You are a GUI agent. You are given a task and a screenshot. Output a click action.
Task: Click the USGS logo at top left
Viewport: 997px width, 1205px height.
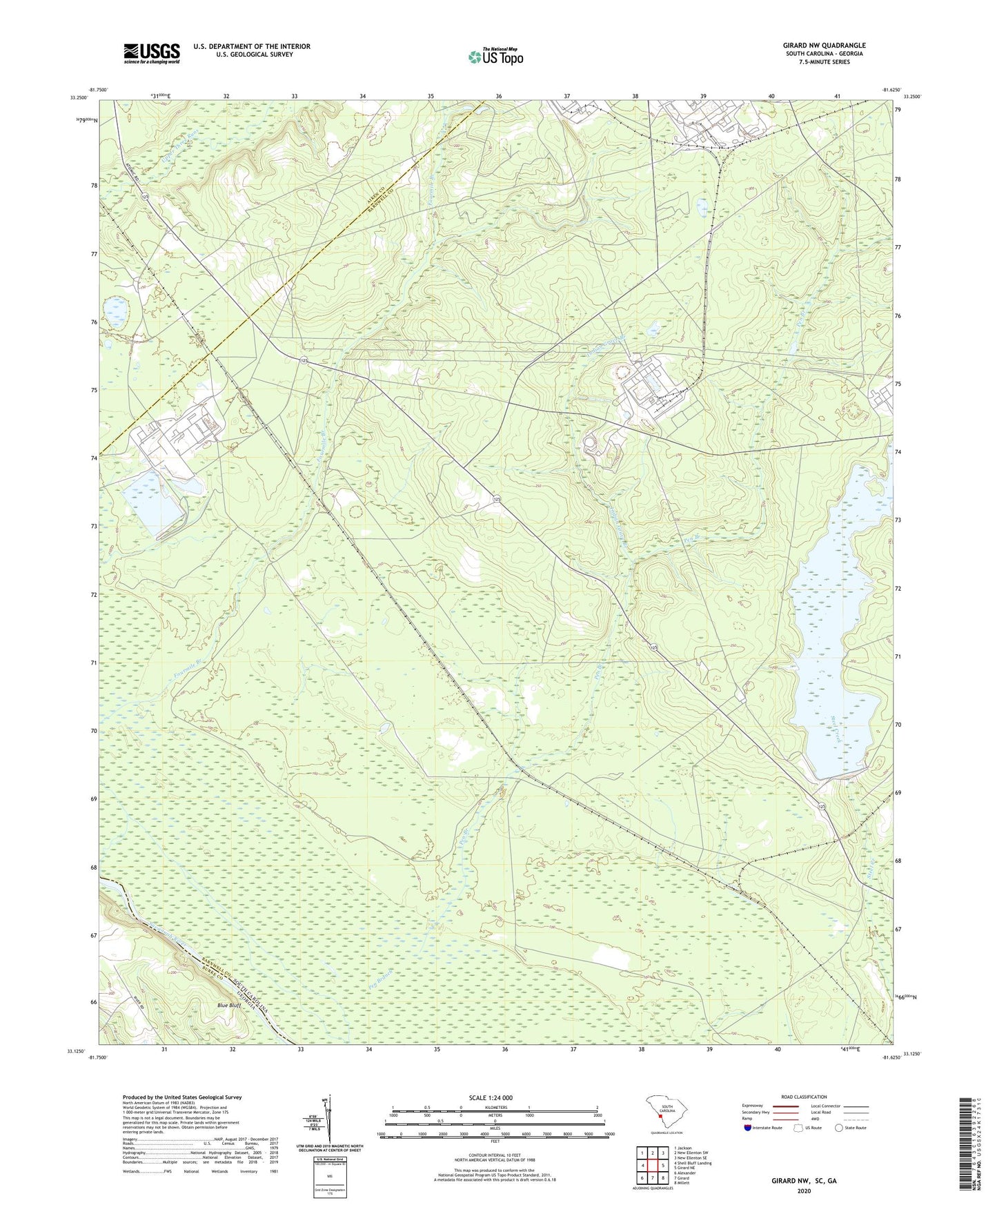pyautogui.click(x=152, y=53)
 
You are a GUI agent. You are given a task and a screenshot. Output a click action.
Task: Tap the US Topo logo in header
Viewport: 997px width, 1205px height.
pyautogui.click(x=495, y=56)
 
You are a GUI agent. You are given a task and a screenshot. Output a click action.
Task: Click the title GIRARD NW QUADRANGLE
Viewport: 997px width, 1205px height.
pyautogui.click(x=824, y=46)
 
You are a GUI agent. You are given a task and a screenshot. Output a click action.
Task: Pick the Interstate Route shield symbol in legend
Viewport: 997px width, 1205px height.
pyautogui.click(x=748, y=1128)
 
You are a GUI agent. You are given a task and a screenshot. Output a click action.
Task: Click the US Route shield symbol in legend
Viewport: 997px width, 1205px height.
pyautogui.click(x=800, y=1128)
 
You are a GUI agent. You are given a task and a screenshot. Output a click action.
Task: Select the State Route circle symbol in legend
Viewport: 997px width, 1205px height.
pyautogui.click(x=839, y=1128)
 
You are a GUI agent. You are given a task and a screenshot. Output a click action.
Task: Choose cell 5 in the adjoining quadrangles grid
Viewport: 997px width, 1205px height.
pyautogui.click(x=662, y=1166)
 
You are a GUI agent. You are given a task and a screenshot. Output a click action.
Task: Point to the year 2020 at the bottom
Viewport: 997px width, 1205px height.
pyautogui.click(x=803, y=1191)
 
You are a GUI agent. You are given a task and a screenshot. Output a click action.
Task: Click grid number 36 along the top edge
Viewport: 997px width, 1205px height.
pyautogui.click(x=499, y=95)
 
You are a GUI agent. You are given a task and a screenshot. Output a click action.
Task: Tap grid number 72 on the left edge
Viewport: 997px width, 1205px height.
pyautogui.click(x=92, y=594)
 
